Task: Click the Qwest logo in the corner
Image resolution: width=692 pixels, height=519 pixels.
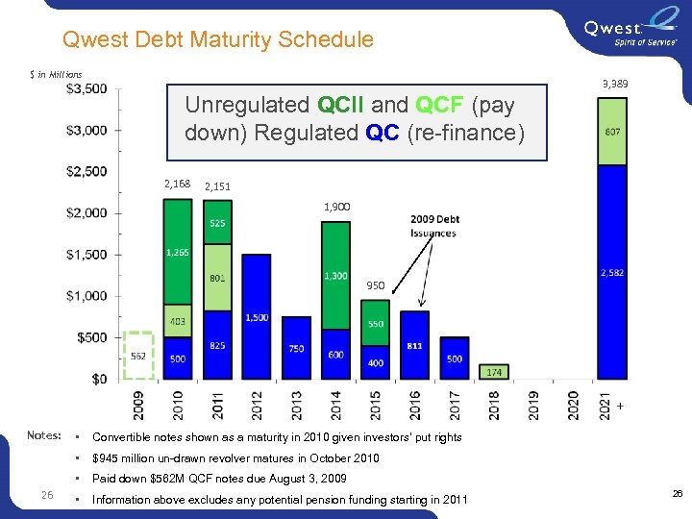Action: [x=627, y=32]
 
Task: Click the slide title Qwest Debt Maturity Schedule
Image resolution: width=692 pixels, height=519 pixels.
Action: [x=217, y=39]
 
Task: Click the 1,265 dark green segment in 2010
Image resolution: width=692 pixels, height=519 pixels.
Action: [x=178, y=252]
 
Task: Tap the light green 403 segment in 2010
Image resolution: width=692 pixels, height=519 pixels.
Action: [x=178, y=321]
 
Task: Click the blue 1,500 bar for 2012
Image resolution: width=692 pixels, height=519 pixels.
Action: [x=257, y=317]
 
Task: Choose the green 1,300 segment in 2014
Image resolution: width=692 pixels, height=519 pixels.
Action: [x=335, y=276]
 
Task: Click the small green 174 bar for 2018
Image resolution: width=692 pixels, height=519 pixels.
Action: [x=494, y=371]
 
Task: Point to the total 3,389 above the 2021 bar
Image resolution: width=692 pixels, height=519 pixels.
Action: [x=615, y=86]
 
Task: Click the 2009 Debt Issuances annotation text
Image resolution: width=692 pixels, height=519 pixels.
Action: [x=434, y=226]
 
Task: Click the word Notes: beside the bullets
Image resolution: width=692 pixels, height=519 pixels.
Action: [x=45, y=436]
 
